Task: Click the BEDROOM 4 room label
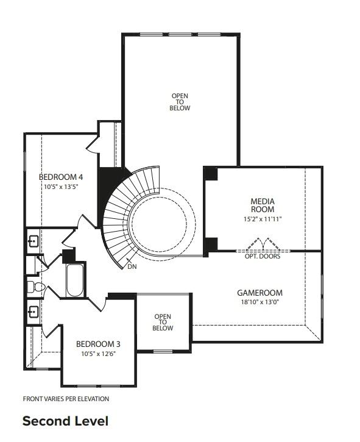[61, 177]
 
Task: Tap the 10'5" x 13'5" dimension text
[61, 187]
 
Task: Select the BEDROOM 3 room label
[97, 344]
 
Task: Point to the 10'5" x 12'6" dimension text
[97, 354]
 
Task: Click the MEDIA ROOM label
[263, 205]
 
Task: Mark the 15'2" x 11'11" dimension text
[263, 218]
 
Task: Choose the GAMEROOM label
[259, 293]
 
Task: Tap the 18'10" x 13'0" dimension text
[259, 302]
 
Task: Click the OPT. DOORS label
[263, 257]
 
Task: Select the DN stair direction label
[133, 267]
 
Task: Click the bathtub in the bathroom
[76, 280]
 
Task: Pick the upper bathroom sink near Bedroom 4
[34, 241]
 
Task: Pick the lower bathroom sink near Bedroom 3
[34, 312]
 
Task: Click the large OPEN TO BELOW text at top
[180, 102]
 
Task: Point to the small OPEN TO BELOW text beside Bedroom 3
[163, 322]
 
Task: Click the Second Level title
[65, 421]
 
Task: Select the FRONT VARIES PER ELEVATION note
[66, 399]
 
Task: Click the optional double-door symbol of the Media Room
[263, 245]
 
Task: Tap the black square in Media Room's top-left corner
[210, 173]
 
